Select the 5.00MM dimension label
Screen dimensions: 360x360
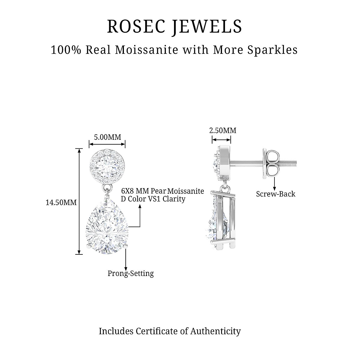107,137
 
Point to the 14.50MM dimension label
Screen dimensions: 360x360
61,202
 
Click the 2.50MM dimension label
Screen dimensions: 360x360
222,130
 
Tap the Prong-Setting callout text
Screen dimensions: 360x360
130,274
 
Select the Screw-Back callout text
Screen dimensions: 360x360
275,194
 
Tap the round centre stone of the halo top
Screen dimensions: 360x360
107,165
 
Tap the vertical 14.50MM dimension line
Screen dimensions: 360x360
79,201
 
